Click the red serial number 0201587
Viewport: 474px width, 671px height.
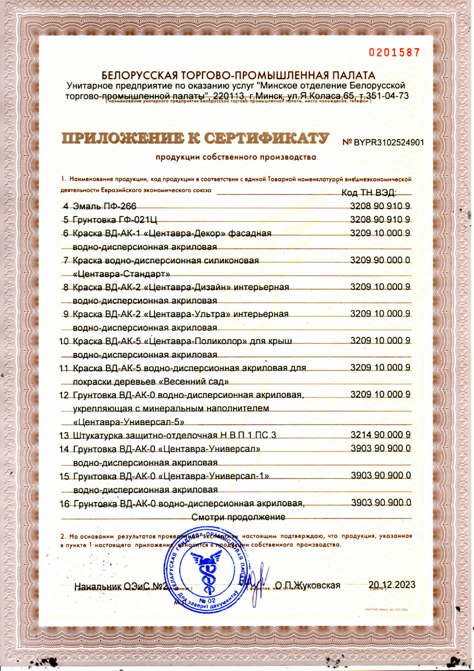point(394,52)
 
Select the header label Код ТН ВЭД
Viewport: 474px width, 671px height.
point(369,192)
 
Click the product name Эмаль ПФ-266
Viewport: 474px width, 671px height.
point(104,206)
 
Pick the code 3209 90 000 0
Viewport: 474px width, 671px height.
point(380,260)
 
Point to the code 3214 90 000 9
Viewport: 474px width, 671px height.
point(381,435)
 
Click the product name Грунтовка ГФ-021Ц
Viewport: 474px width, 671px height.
point(115,220)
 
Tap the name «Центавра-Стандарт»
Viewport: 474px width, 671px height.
point(122,274)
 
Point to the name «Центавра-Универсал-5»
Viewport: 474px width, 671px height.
point(129,422)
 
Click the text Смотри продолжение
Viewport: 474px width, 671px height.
point(238,517)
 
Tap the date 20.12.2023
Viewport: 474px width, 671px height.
point(392,585)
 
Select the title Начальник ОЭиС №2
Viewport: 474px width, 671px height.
point(121,586)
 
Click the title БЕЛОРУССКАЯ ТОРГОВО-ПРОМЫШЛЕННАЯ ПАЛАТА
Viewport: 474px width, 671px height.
point(238,75)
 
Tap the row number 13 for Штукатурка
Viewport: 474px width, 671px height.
point(64,435)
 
